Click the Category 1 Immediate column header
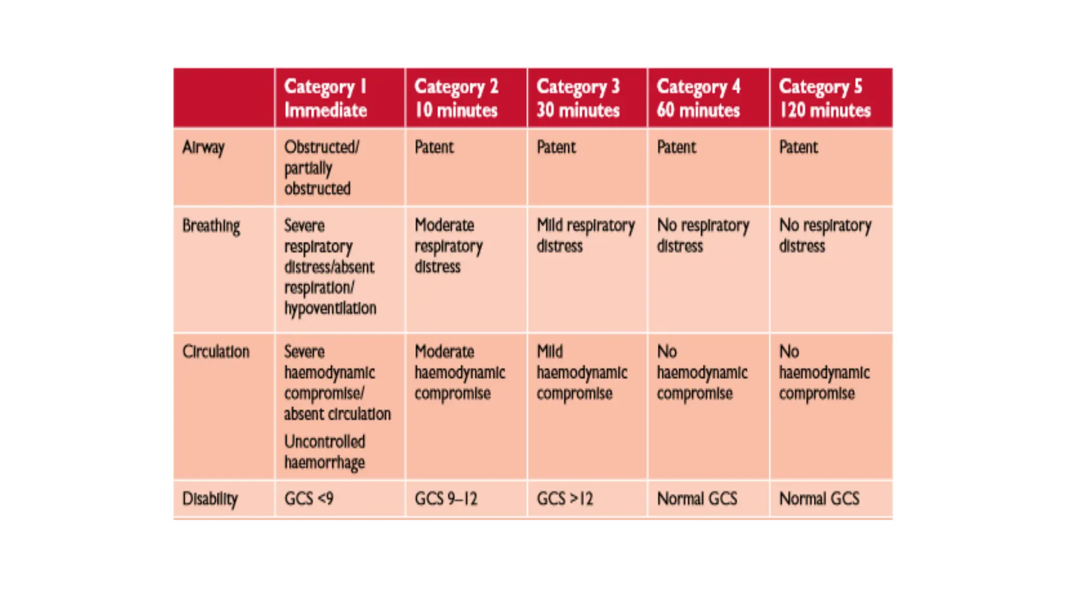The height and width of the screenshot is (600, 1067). (x=326, y=98)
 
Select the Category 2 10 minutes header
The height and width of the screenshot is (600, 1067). (x=456, y=98)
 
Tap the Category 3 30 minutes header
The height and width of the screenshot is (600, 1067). (x=578, y=98)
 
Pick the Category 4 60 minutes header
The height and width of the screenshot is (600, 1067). (x=698, y=98)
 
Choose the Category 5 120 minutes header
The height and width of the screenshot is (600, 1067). (x=825, y=98)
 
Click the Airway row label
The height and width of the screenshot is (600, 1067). (x=203, y=148)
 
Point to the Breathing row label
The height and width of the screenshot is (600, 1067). (x=211, y=226)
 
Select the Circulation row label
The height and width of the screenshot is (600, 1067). (x=216, y=352)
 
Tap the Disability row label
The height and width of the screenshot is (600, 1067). (x=210, y=499)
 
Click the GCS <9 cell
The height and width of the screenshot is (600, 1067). (x=309, y=499)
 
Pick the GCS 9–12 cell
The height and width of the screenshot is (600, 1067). (x=446, y=499)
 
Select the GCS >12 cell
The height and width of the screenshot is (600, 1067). (x=565, y=499)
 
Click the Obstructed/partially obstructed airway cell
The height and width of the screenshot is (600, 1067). (x=321, y=168)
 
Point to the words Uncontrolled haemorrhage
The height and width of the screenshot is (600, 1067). (x=325, y=452)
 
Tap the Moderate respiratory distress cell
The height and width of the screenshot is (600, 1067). (x=449, y=246)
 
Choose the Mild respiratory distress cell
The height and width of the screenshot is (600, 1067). (x=586, y=235)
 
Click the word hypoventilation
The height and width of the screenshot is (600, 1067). (x=330, y=308)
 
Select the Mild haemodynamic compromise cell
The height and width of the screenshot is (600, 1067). (x=582, y=372)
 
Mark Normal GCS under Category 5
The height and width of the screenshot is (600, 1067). (x=819, y=499)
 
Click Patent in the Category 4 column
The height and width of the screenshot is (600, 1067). (x=676, y=147)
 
